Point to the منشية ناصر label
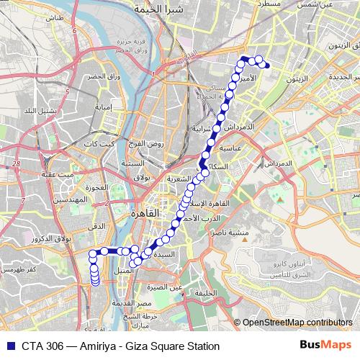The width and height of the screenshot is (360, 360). pyautogui.click(x=230, y=234)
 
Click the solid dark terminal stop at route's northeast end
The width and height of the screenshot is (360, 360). pyautogui.click(x=267, y=66)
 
